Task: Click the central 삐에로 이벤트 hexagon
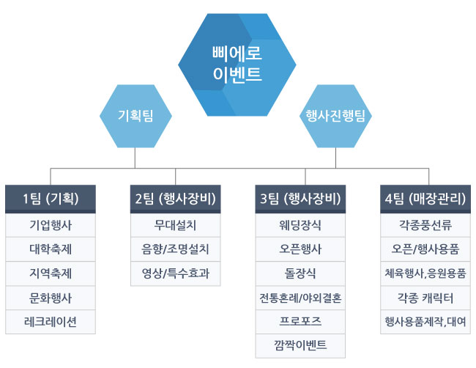pyautogui.click(x=237, y=65)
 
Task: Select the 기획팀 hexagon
pyautogui.click(x=135, y=116)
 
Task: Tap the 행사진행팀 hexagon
pyautogui.click(x=335, y=116)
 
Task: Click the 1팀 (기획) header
pyautogui.click(x=51, y=199)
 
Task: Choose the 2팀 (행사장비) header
pyautogui.click(x=176, y=199)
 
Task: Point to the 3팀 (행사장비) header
pyautogui.click(x=300, y=199)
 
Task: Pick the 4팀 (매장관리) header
pyautogui.click(x=425, y=199)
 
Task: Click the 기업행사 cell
pyautogui.click(x=51, y=225)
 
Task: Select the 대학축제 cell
pyautogui.click(x=51, y=249)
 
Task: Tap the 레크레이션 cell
pyautogui.click(x=51, y=322)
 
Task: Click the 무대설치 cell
pyautogui.click(x=176, y=225)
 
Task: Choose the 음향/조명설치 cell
pyautogui.click(x=176, y=249)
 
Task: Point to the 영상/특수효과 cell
pyautogui.click(x=176, y=273)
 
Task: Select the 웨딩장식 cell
pyautogui.click(x=300, y=225)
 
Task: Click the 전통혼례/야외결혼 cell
pyautogui.click(x=300, y=298)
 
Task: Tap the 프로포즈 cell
pyautogui.click(x=300, y=322)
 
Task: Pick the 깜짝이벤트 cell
pyautogui.click(x=300, y=346)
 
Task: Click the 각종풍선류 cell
pyautogui.click(x=425, y=225)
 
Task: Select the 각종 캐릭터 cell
pyautogui.click(x=425, y=298)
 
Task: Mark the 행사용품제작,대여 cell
pyautogui.click(x=425, y=322)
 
